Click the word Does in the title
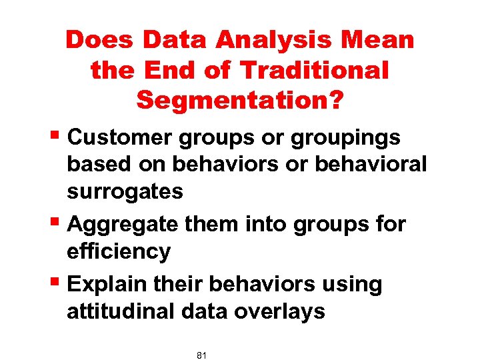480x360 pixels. click(x=99, y=41)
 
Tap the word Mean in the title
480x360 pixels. click(x=378, y=41)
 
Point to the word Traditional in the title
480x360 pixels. click(x=313, y=70)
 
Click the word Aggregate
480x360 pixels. click(x=123, y=225)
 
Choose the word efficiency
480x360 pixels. click(x=119, y=251)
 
